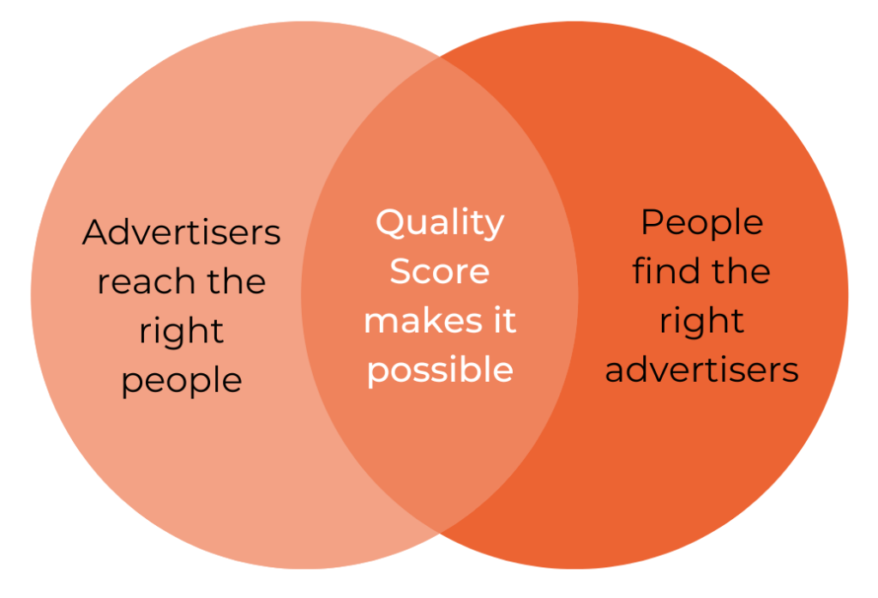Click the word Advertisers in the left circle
[x=182, y=232]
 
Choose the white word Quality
[x=440, y=224]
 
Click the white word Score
[x=440, y=271]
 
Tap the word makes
[x=424, y=321]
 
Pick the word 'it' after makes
[x=504, y=321]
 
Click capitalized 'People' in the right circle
[x=701, y=222]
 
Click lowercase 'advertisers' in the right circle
[x=701, y=371]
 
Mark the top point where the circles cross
[x=440, y=57]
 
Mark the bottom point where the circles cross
[x=440, y=533]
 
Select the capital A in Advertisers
[x=96, y=232]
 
